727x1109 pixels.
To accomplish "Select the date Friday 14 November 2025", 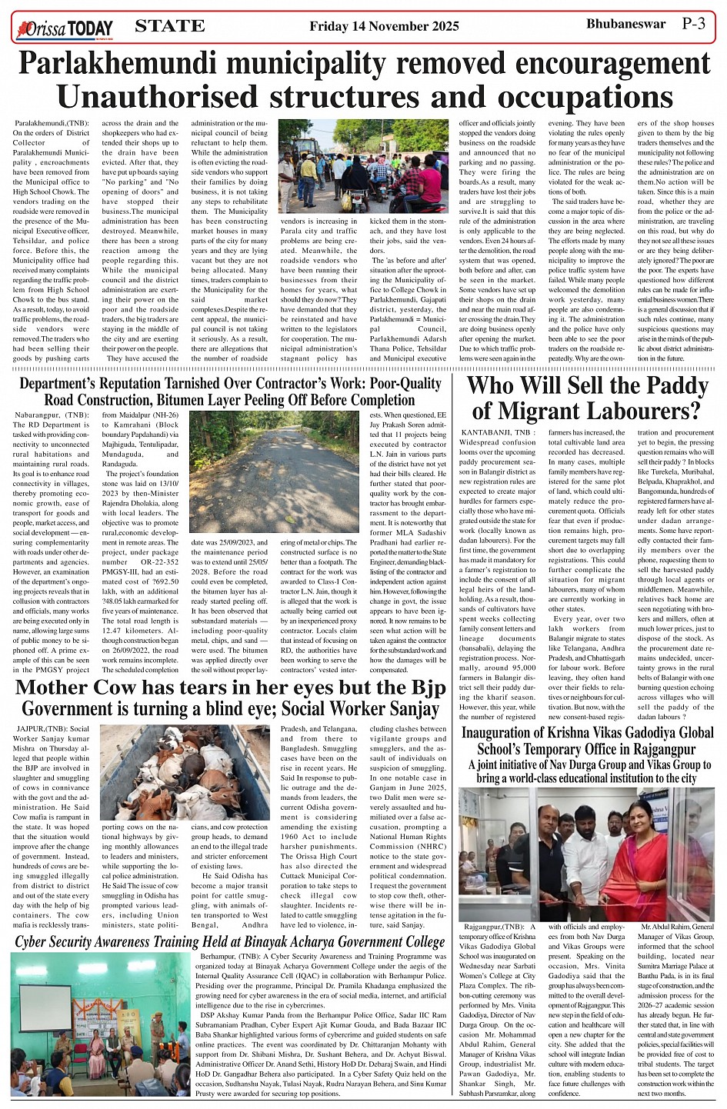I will [384, 27].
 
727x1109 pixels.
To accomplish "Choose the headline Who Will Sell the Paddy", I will [588, 398].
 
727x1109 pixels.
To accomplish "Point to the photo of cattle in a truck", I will [185, 772].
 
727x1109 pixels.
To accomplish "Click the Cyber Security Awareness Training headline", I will [229, 943].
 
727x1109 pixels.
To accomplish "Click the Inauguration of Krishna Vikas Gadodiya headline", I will [587, 740].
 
